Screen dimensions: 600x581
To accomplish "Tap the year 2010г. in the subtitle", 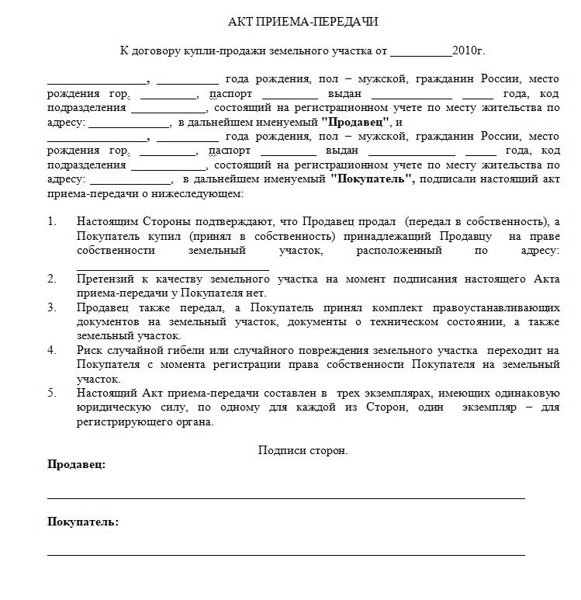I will point(469,51).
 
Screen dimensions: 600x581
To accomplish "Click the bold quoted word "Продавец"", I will point(355,123).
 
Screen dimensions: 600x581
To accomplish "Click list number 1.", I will point(52,222).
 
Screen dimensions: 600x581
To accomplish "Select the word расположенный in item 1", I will point(399,250).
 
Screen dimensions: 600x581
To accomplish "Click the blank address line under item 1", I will point(172,267).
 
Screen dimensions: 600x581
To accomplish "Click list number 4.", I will point(52,350).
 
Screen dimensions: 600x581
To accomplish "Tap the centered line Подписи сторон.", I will point(303,450).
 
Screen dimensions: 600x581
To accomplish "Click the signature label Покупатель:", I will point(83,522).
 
